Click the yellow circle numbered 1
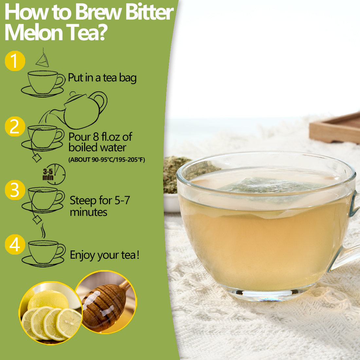[15, 61]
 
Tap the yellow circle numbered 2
[15, 126]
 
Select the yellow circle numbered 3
[15, 190]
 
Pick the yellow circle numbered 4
[15, 245]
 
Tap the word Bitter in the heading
[149, 12]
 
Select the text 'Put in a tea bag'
[102, 78]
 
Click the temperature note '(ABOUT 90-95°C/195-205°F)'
[107, 160]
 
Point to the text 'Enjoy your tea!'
[105, 255]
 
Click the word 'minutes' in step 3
[88, 212]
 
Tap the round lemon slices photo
[51, 313]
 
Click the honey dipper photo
[106, 303]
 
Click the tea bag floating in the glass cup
[268, 187]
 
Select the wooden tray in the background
[337, 128]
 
